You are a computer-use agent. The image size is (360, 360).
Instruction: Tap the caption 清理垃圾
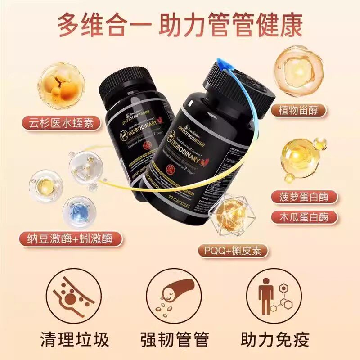[73, 339]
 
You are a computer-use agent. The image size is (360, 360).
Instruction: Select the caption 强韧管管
[180, 339]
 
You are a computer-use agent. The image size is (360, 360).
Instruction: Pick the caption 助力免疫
[287, 339]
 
